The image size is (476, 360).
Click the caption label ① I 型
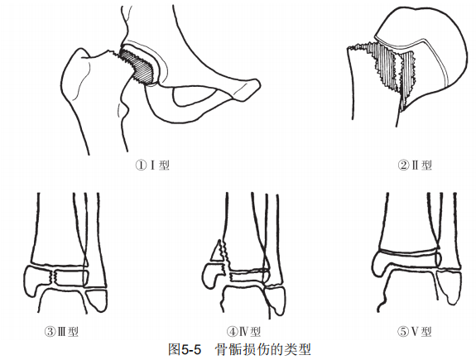[152, 166]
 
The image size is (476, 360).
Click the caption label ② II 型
[415, 166]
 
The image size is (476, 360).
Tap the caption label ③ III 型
[61, 332]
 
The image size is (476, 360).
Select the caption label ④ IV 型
[243, 332]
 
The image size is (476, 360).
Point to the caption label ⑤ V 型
[415, 332]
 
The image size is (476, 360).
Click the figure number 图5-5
[185, 350]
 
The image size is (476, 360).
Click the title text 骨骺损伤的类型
[263, 350]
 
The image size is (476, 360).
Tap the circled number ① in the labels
[141, 166]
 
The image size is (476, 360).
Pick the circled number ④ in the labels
[232, 332]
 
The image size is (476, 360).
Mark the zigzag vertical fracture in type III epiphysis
[55, 277]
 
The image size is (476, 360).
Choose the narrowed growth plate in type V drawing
[408, 252]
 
